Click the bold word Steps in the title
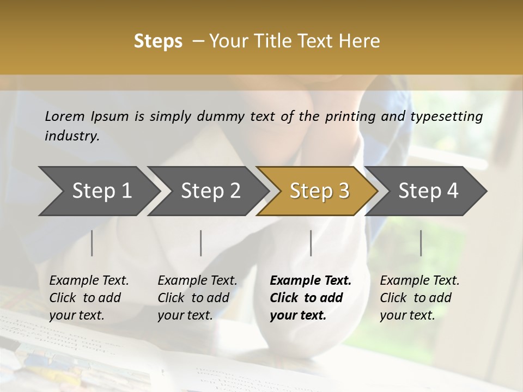[x=158, y=41]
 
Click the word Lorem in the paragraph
[x=65, y=116]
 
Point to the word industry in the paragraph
[x=71, y=136]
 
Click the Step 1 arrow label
[x=102, y=191]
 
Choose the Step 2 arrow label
[x=210, y=191]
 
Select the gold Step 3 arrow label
[x=319, y=191]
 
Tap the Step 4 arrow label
[x=428, y=191]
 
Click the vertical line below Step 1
[x=92, y=243]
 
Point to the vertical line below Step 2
[x=201, y=243]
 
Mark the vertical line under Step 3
[x=311, y=243]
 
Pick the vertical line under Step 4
[x=421, y=243]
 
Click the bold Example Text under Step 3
[x=311, y=280]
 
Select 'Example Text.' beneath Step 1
[x=89, y=280]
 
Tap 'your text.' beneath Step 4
[x=407, y=315]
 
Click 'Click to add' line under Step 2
[x=193, y=298]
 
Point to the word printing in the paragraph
[x=350, y=117]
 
